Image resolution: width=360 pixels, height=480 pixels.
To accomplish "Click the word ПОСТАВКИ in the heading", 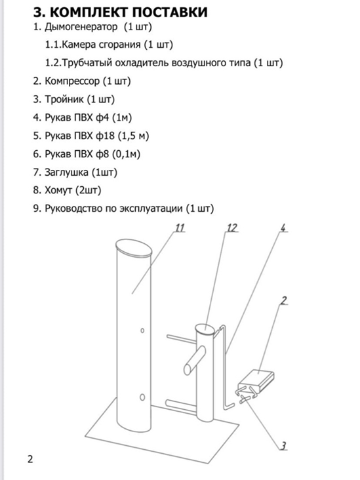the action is (170, 12).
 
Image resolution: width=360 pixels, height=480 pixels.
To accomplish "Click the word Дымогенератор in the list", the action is (81, 27).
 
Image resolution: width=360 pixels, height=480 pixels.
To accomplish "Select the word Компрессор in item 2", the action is (72, 81).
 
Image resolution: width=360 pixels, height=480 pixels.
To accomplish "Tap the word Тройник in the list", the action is (64, 99).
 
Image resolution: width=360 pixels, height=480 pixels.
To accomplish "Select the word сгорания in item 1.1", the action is (119, 45).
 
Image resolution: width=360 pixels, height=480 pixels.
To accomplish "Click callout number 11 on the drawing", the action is (180, 228).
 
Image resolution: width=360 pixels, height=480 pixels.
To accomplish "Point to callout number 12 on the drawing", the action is (232, 228).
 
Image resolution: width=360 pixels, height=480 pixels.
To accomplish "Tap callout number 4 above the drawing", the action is (283, 228).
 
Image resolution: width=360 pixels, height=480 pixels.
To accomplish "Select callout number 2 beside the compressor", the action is (284, 300).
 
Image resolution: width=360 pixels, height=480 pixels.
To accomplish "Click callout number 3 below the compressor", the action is (283, 446).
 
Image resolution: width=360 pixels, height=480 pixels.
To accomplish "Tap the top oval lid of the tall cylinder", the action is (134, 248).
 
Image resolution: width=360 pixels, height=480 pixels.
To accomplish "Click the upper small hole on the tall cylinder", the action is (142, 330).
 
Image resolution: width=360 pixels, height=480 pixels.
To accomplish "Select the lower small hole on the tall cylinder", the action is (142, 397).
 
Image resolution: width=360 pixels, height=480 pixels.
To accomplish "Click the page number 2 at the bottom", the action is (30, 459).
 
